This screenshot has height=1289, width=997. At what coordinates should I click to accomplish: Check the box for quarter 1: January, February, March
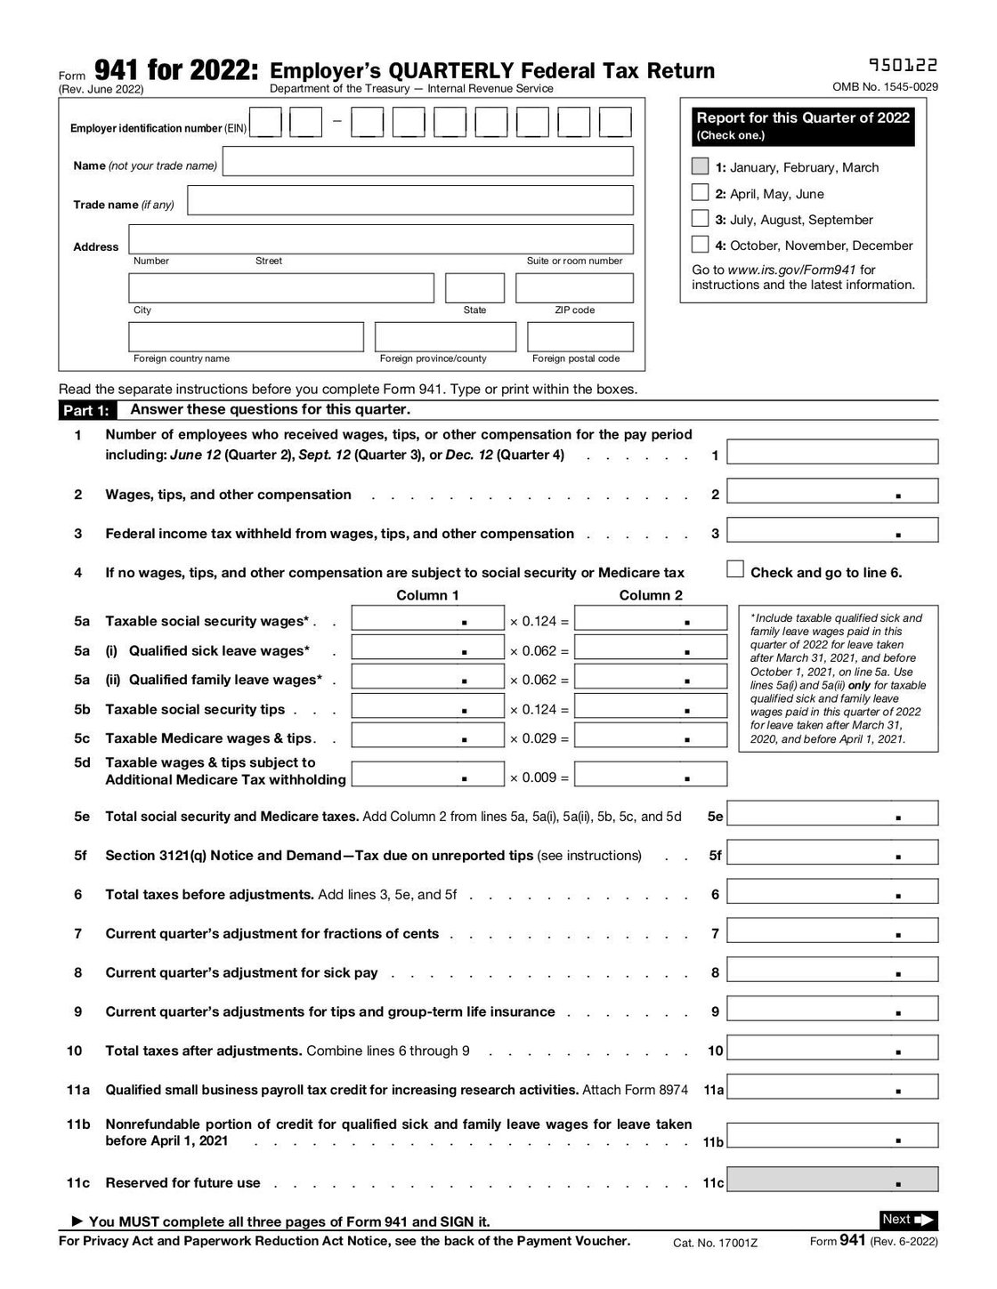[701, 166]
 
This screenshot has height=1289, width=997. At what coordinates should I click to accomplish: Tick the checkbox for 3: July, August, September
[701, 219]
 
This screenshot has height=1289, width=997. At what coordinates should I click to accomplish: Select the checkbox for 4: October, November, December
[701, 245]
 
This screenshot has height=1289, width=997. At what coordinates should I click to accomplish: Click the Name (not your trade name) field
[427, 161]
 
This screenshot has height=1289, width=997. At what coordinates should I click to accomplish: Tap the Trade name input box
[410, 200]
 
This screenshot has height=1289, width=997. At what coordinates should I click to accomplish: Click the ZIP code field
[574, 288]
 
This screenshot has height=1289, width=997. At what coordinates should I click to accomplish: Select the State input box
[474, 288]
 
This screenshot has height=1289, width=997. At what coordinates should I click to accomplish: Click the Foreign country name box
[246, 337]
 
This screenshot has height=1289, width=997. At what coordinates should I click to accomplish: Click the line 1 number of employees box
[832, 452]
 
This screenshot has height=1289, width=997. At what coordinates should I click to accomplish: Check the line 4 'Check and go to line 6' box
[735, 569]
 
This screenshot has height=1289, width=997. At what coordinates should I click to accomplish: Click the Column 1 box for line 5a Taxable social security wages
[427, 618]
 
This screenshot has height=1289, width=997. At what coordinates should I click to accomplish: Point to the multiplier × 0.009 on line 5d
[539, 777]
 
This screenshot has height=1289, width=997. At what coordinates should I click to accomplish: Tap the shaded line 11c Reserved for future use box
[832, 1180]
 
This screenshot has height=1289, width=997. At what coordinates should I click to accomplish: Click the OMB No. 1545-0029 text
[885, 87]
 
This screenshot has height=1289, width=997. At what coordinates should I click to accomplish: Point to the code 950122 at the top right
[902, 65]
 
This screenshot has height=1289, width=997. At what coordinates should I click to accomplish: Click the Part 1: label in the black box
[86, 410]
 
